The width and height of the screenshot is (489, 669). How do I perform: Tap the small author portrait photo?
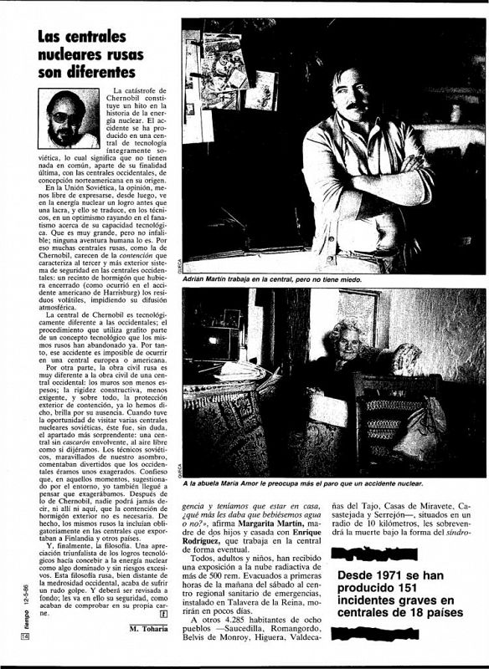(68, 118)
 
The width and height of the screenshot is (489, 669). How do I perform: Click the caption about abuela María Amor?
(322, 483)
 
